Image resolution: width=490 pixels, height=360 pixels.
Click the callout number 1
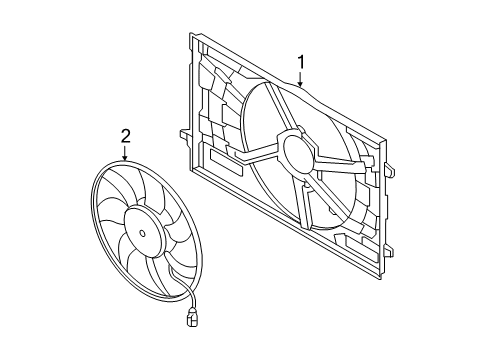click(301, 62)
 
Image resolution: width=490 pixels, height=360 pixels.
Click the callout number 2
click(125, 136)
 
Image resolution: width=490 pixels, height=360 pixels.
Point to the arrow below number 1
click(301, 79)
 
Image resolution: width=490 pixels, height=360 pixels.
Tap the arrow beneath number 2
click(125, 153)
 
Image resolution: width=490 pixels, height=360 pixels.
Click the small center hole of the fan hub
click(142, 233)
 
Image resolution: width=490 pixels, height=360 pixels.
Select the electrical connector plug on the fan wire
click(192, 317)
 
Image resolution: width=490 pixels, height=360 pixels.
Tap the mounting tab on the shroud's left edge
click(185, 135)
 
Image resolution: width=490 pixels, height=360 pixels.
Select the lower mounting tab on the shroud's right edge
click(389, 251)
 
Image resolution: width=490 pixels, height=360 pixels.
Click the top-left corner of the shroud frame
click(190, 34)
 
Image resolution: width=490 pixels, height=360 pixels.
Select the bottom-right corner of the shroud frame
click(380, 279)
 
